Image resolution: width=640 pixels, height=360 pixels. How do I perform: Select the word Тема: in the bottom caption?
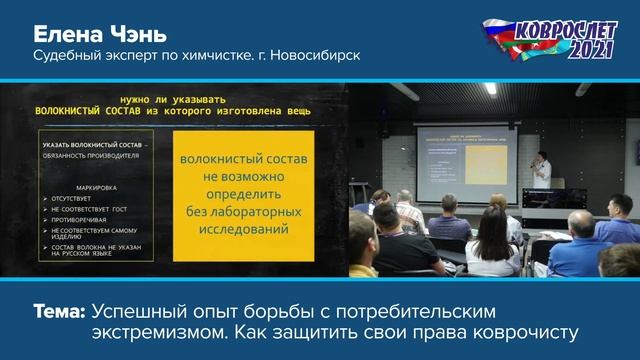pos(60,311)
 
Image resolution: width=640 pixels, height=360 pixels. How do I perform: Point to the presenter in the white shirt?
pos(541,168)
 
